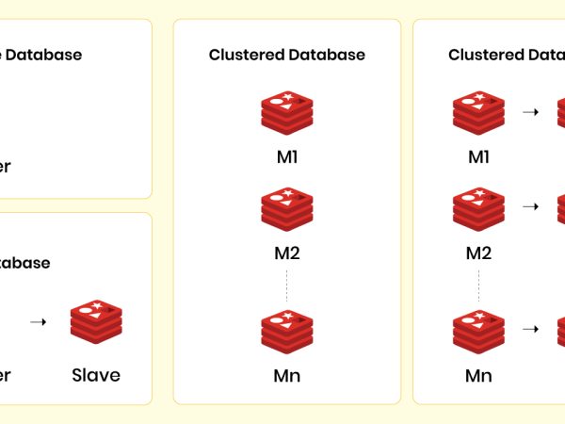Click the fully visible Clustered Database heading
(286, 55)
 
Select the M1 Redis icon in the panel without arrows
(286, 112)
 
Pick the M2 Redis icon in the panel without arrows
(286, 208)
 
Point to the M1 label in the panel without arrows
(286, 156)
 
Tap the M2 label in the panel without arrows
(286, 253)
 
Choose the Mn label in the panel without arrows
(286, 376)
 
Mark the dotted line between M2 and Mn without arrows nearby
(286, 285)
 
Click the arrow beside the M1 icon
(530, 112)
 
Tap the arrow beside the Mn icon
(530, 329)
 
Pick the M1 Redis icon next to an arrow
(478, 112)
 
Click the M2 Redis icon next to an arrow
(478, 208)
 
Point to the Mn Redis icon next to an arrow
(478, 329)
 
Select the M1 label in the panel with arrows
(478, 156)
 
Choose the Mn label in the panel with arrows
(478, 376)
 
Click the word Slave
(96, 375)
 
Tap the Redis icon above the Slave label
(96, 322)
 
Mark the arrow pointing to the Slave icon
(38, 322)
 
